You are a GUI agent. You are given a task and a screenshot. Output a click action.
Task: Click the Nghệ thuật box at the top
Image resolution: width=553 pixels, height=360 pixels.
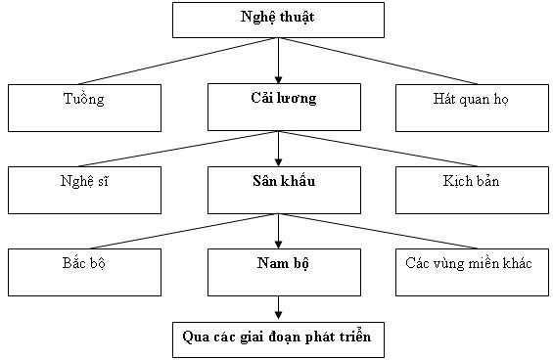tap(278, 20)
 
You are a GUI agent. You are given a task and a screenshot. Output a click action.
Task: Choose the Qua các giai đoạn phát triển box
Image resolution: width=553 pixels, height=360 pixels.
tap(278, 337)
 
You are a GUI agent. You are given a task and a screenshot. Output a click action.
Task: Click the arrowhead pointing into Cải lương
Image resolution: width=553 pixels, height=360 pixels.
tap(278, 79)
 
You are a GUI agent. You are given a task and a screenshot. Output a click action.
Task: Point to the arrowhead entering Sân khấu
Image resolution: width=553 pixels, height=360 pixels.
tap(278, 161)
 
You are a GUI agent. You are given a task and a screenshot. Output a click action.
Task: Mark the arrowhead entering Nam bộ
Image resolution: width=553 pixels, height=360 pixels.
tap(278, 244)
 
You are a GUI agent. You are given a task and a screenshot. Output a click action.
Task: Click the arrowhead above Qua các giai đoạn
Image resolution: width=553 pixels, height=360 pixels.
tap(278, 315)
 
